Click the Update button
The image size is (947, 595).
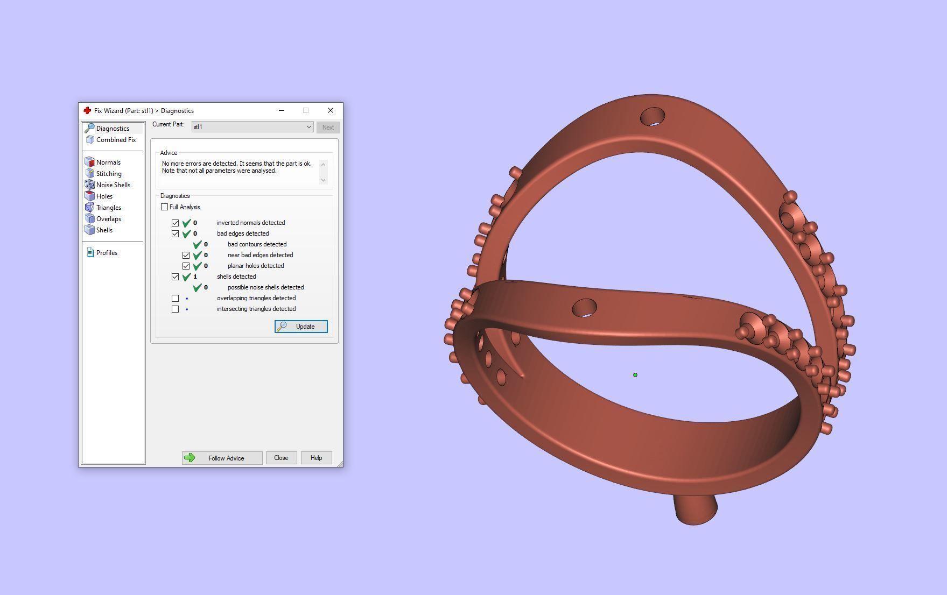click(x=301, y=327)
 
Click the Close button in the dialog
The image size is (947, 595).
click(x=281, y=458)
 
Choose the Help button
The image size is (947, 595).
click(x=316, y=458)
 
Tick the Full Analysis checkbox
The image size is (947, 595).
click(x=165, y=207)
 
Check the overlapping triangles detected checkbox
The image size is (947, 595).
click(x=176, y=298)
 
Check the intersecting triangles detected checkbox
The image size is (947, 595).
click(x=176, y=309)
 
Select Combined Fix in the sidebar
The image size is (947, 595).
click(x=115, y=140)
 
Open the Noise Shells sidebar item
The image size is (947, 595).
click(x=113, y=185)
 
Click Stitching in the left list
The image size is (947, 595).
click(x=108, y=174)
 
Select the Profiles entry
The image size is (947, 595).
click(x=106, y=253)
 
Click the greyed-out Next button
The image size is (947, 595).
click(x=328, y=127)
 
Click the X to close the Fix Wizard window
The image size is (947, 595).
click(x=331, y=110)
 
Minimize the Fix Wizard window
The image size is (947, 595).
click(x=281, y=110)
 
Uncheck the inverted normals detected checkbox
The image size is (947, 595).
click(x=176, y=223)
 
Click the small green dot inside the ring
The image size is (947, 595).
click(x=635, y=375)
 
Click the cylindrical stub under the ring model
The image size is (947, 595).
click(x=695, y=510)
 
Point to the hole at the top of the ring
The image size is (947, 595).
click(x=653, y=117)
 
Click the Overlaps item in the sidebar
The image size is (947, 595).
click(x=108, y=219)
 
